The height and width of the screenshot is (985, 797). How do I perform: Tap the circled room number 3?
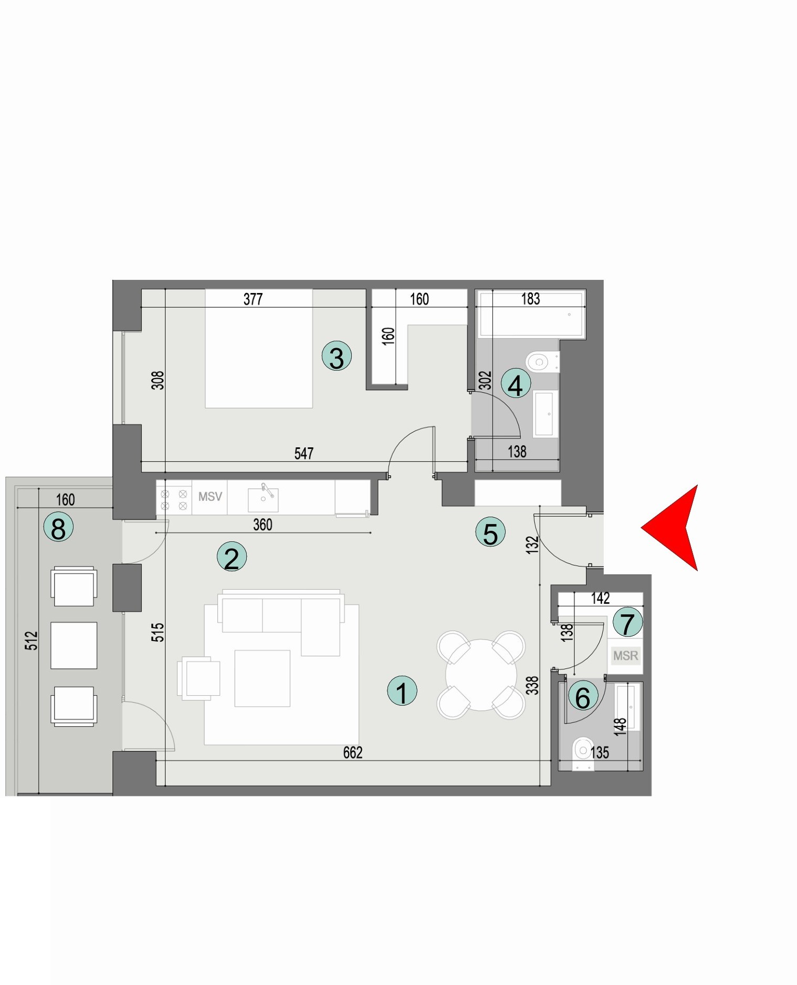coord(337,356)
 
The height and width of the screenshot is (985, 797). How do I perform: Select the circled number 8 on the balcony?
coord(58,527)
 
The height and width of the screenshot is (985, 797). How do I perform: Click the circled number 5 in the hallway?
coord(490,532)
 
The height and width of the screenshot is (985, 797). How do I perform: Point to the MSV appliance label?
coord(210,496)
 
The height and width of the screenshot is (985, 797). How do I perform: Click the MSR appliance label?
coord(625,655)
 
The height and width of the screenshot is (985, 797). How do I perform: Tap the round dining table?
coord(481,675)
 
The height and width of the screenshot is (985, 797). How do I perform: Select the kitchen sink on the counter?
coord(264,499)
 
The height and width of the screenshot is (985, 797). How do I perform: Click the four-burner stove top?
coord(174,500)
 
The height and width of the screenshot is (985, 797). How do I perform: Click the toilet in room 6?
coord(582,752)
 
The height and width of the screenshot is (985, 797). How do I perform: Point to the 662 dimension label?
coord(352,753)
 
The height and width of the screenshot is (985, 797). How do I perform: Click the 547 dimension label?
coord(303,453)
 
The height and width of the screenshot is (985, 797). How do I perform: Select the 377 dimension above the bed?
coord(253,299)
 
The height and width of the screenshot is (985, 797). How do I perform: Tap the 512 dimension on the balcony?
coord(32,640)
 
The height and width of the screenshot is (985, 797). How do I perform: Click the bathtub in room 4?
coord(530,314)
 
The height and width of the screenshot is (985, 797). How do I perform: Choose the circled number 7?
coord(627,623)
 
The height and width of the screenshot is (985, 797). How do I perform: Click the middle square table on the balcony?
coord(74,645)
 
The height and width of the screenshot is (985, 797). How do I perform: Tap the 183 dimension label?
coord(530,299)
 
